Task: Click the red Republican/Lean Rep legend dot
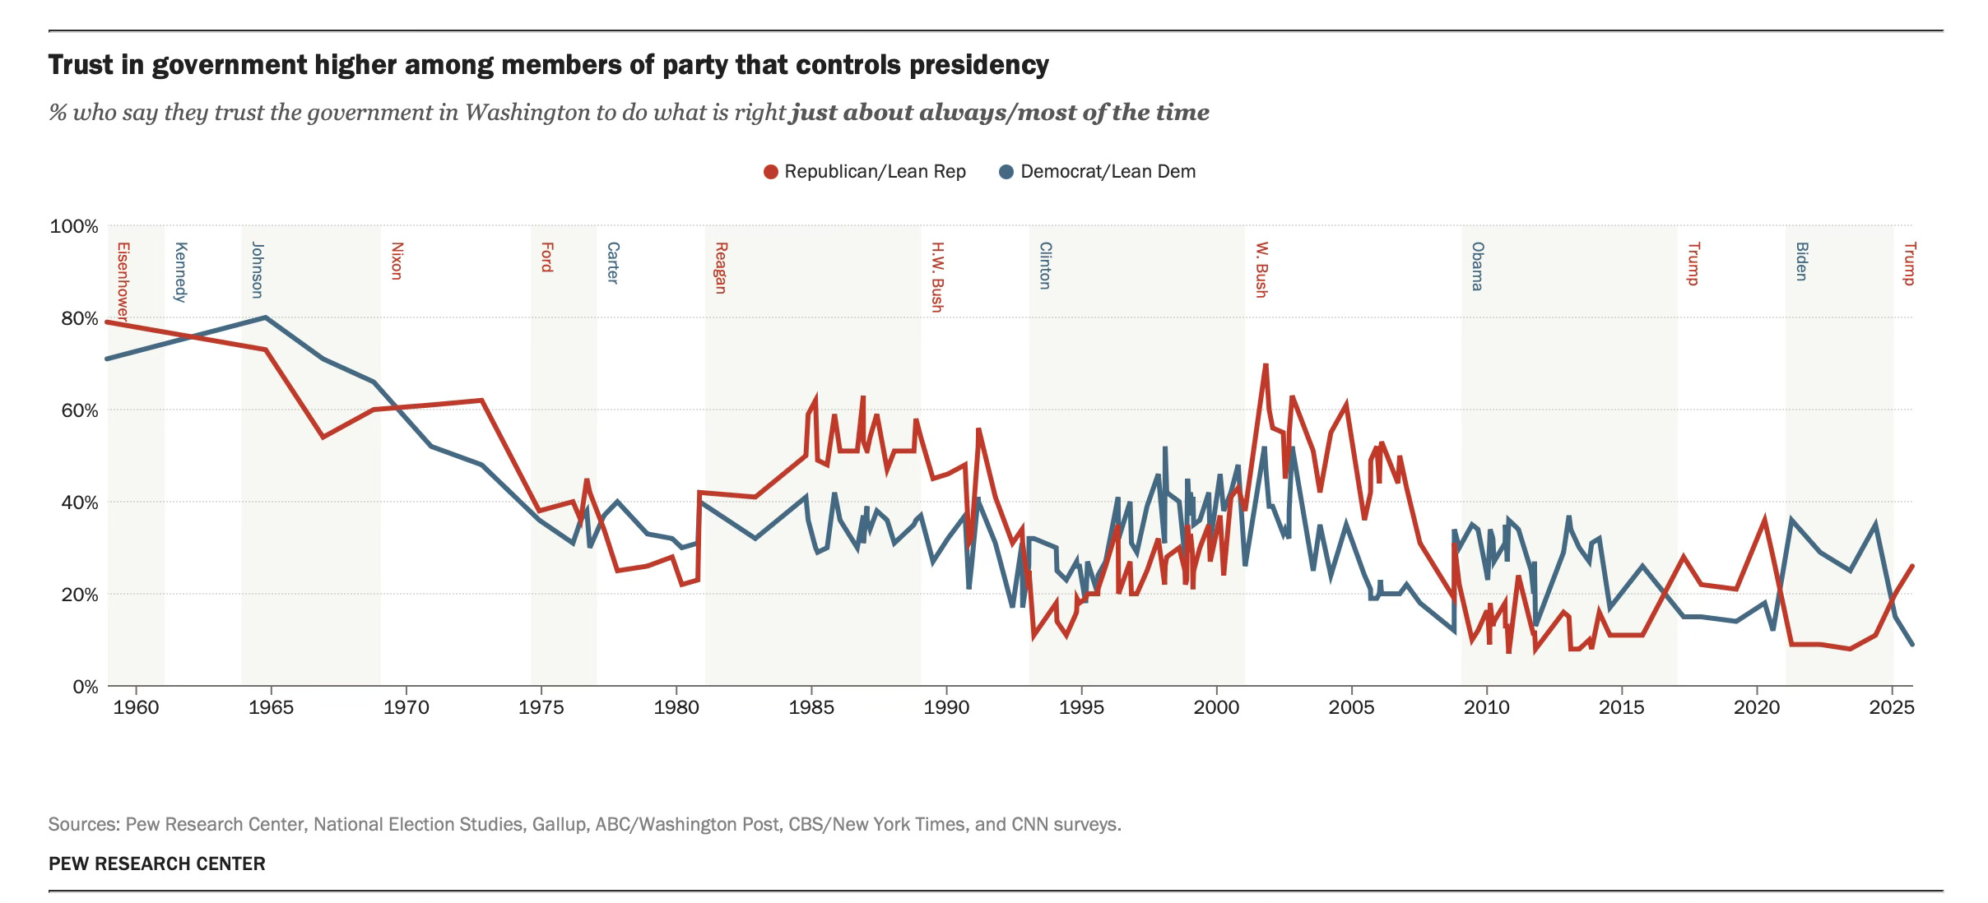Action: click(x=771, y=172)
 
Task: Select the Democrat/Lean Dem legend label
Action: click(x=1108, y=172)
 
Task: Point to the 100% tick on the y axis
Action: click(x=74, y=226)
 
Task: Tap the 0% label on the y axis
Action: click(x=85, y=686)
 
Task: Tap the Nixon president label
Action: click(x=397, y=261)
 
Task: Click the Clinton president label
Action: click(x=1045, y=265)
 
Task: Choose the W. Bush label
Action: click(x=1261, y=269)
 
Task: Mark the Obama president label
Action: click(x=1478, y=266)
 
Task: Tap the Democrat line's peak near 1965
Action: click(x=265, y=317)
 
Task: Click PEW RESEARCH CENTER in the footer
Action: click(x=157, y=864)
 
